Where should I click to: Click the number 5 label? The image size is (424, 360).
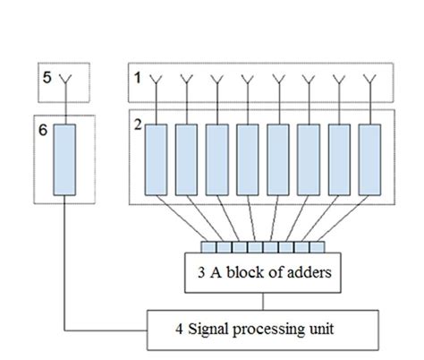[47, 77]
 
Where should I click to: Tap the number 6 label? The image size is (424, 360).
[44, 130]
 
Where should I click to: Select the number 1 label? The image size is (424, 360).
[137, 78]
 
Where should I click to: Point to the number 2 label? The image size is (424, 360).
[138, 124]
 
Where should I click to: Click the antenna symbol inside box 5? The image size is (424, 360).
[64, 81]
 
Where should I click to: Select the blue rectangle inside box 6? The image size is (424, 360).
[64, 159]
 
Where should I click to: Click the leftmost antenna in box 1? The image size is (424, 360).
[156, 82]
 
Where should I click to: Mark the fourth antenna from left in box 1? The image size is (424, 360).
[248, 82]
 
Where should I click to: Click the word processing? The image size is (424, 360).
[267, 330]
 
